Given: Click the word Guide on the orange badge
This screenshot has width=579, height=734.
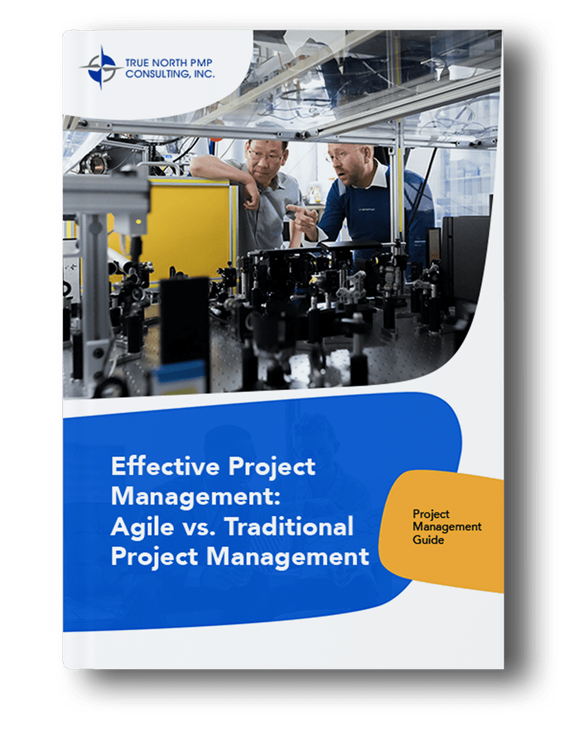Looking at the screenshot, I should click(428, 540).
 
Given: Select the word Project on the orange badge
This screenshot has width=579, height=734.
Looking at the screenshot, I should click(431, 514).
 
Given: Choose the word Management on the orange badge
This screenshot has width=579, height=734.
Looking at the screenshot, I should click(447, 527).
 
